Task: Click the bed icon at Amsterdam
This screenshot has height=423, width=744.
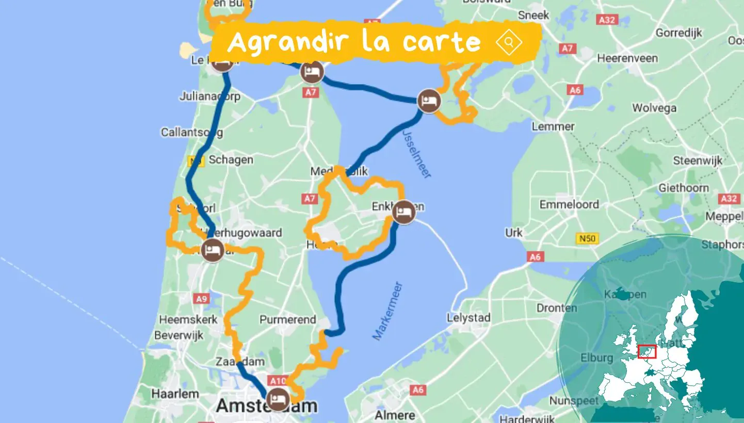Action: (279, 399)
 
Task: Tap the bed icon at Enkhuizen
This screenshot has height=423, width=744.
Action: (403, 212)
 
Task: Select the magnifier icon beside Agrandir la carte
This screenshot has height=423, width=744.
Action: (509, 42)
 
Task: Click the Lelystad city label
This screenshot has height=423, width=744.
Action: (468, 318)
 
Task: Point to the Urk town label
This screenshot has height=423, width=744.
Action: (514, 233)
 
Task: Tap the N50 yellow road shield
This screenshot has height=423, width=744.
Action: (583, 239)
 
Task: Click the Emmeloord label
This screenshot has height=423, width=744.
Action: (569, 205)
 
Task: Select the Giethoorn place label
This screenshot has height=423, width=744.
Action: (684, 188)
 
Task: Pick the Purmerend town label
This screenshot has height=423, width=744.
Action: (287, 320)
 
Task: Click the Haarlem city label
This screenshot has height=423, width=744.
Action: (175, 394)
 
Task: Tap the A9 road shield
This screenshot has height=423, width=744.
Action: (200, 298)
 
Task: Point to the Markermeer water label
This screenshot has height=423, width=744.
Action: (387, 311)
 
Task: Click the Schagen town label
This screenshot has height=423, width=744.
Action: (231, 160)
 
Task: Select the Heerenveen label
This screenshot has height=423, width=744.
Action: (627, 58)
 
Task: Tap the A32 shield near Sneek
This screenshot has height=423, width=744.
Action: (606, 20)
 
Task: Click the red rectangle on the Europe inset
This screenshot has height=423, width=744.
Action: (647, 352)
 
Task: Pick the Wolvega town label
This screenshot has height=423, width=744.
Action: (654, 108)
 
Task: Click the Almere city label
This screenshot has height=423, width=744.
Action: (395, 415)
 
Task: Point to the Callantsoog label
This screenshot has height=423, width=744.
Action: (192, 133)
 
